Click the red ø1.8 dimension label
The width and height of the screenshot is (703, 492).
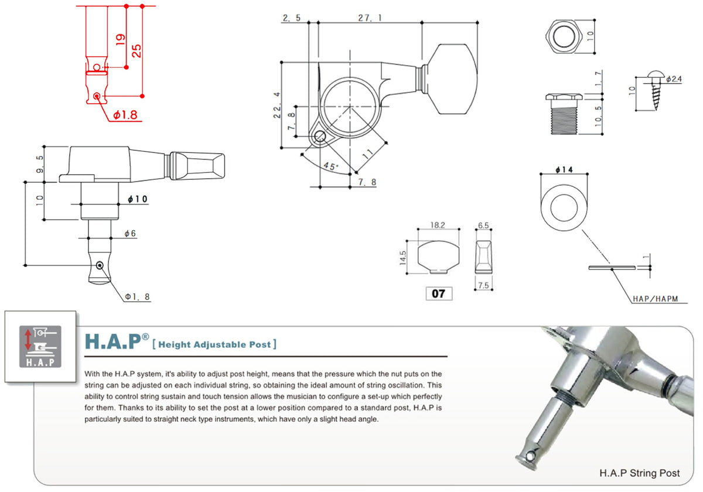125,115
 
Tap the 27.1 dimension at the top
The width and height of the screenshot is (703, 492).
370,18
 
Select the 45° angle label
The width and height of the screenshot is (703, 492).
332,167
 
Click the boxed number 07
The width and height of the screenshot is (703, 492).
438,294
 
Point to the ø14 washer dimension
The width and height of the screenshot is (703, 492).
563,170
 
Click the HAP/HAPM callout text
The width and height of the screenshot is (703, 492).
655,299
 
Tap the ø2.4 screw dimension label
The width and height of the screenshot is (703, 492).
674,78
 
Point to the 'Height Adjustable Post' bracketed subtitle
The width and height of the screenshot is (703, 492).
214,344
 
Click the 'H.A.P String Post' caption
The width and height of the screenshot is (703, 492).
640,473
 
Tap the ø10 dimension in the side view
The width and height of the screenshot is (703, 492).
138,200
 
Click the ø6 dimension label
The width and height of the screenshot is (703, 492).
130,234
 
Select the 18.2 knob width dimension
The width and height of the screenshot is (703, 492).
438,225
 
